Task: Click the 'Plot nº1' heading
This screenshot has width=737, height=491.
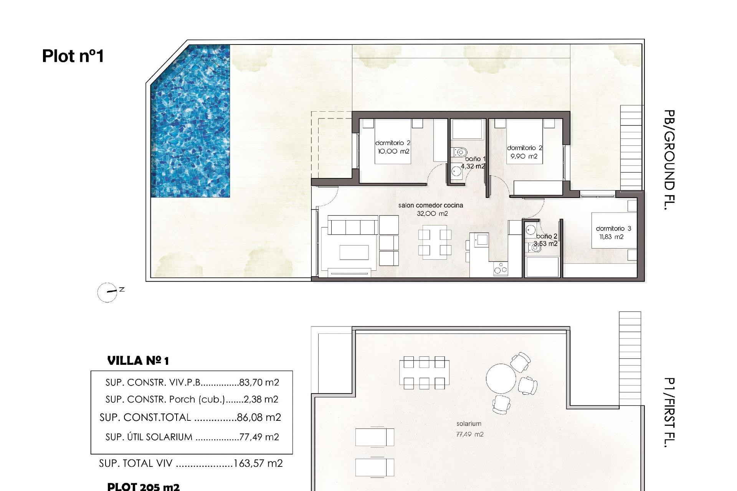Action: (x=73, y=56)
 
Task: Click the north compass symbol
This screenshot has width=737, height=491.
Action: (x=107, y=292)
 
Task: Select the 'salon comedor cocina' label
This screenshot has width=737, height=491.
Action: (x=431, y=205)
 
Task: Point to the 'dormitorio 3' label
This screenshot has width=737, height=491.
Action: (x=613, y=228)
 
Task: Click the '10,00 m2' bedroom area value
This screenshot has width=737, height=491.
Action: (x=393, y=151)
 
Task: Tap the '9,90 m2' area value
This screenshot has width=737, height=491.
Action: (x=524, y=156)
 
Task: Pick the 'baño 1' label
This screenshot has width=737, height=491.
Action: (x=475, y=158)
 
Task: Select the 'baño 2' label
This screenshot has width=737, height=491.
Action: (x=547, y=236)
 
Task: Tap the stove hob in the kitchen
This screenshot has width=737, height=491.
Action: (x=501, y=268)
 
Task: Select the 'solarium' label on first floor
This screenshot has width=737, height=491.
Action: (x=469, y=423)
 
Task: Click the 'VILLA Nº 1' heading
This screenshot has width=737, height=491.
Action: (x=138, y=361)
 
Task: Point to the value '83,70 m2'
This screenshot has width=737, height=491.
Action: (x=259, y=382)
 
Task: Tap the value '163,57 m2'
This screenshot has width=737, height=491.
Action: (x=258, y=463)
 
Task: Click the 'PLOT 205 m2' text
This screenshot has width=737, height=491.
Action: (x=143, y=486)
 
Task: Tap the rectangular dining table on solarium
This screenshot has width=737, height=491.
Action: (x=424, y=372)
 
